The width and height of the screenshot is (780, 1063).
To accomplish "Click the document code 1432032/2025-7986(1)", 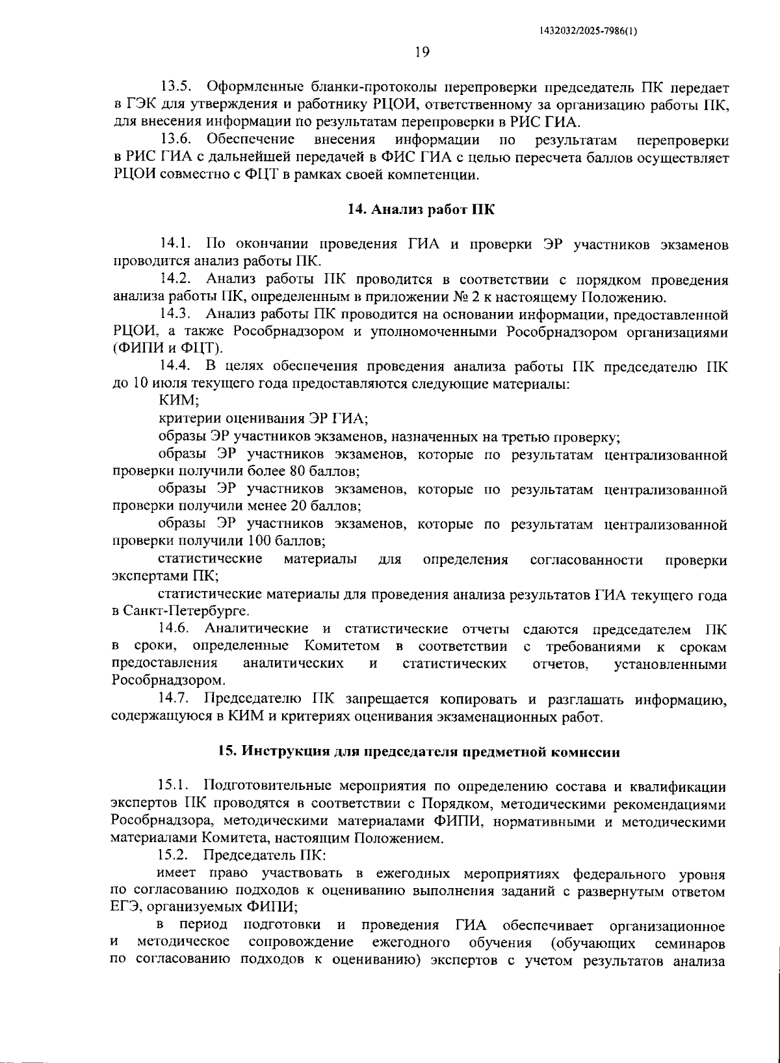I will (x=588, y=31).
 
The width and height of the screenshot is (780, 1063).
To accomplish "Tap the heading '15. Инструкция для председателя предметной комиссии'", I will (x=419, y=752).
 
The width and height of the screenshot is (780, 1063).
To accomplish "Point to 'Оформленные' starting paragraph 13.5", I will (x=246, y=86).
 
